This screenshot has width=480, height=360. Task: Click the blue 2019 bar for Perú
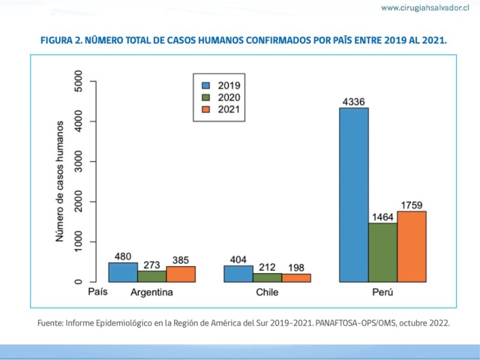354,195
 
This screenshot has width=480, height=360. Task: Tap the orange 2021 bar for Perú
412,246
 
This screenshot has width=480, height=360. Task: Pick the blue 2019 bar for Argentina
123,272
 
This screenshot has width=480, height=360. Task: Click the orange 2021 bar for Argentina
181,274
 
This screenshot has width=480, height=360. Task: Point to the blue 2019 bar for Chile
238,274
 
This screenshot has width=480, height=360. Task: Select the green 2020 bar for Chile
267,277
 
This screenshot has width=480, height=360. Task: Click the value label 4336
354,101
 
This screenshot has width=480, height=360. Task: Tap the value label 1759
412,205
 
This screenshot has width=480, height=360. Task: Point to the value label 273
152,265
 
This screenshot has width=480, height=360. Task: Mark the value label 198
296,267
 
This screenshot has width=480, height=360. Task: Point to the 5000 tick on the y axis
78,82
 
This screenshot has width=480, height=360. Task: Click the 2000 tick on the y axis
78,202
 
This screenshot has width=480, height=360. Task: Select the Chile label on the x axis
267,293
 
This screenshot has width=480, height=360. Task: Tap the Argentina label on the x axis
152,293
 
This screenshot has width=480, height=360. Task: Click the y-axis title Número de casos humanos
60,182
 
